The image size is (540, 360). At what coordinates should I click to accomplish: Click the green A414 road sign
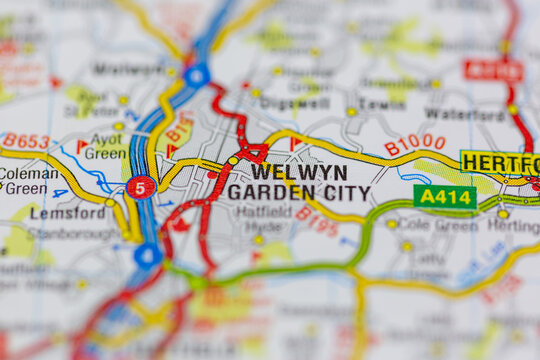point(444,196)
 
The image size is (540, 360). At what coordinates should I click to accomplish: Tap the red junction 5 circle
point(141,187)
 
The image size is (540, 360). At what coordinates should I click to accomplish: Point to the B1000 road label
point(414,144)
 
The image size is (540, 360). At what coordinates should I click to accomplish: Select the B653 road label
point(25,141)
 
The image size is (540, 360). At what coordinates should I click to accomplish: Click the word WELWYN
point(299,171)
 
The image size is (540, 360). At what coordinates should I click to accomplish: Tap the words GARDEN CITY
point(298,192)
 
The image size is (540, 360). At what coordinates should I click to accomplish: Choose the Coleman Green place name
point(27,180)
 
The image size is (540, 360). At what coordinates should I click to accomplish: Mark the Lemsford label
point(67,213)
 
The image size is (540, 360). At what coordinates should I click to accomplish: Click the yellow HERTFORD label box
point(500,163)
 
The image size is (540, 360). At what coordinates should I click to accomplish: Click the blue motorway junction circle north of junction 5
point(197,75)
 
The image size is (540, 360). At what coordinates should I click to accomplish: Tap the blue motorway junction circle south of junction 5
point(148,255)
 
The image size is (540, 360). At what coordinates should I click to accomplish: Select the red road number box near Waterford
point(493,71)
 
